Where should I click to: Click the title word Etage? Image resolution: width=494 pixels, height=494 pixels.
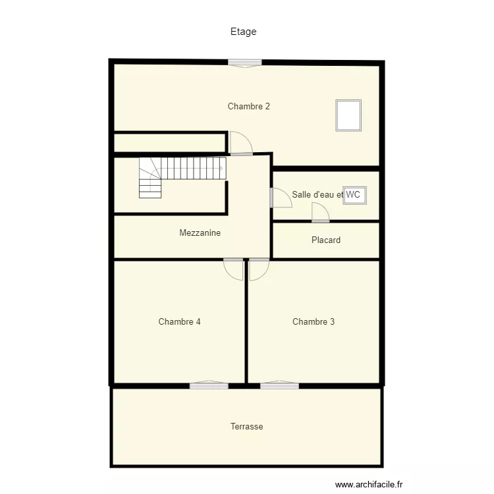click(x=243, y=32)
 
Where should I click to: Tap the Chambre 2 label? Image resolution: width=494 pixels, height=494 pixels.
click(x=248, y=106)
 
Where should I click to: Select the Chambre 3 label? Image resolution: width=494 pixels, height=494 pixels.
click(x=313, y=322)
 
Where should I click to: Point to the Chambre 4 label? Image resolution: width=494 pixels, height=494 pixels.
click(x=179, y=322)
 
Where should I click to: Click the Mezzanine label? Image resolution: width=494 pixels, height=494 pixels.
click(x=200, y=233)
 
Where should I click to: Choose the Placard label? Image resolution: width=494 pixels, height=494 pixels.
click(x=326, y=240)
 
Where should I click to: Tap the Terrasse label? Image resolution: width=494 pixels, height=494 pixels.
click(x=246, y=427)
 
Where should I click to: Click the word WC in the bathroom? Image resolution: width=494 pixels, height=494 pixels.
click(x=354, y=194)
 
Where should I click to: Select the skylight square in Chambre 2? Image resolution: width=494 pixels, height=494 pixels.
click(x=348, y=115)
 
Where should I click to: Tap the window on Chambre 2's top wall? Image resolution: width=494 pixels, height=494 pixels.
click(x=245, y=63)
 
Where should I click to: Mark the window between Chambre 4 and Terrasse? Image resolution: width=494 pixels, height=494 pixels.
click(x=209, y=385)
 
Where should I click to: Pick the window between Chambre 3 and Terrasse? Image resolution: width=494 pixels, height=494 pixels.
click(x=279, y=385)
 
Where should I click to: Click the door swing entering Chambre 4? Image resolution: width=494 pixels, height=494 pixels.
click(x=234, y=268)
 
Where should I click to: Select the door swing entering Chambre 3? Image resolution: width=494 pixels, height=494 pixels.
click(x=258, y=268)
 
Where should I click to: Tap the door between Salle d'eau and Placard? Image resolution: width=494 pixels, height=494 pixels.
click(x=321, y=213)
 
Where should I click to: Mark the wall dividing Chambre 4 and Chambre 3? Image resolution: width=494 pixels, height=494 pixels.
click(x=246, y=323)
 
